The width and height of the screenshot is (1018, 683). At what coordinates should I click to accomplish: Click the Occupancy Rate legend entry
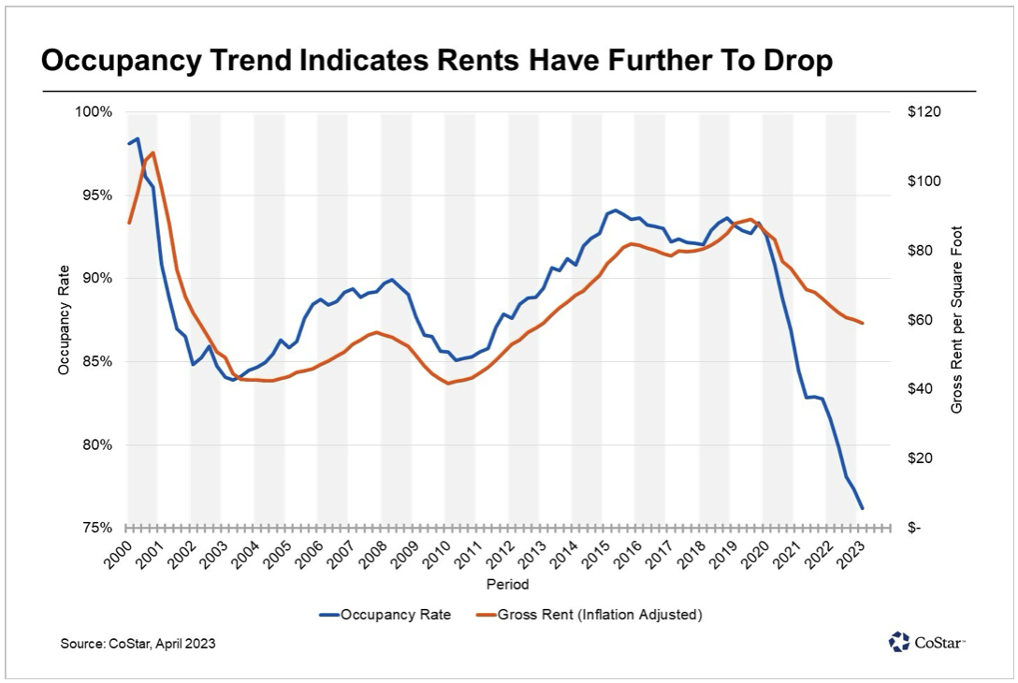(385, 615)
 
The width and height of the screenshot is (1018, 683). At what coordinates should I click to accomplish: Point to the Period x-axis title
(507, 585)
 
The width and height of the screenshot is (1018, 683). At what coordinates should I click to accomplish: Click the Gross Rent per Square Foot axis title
(957, 320)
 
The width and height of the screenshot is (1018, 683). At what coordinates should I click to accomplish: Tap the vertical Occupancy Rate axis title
(64, 320)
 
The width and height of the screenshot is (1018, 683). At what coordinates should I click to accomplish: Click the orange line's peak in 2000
(153, 153)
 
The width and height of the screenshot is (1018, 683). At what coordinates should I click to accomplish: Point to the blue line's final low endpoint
(862, 509)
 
